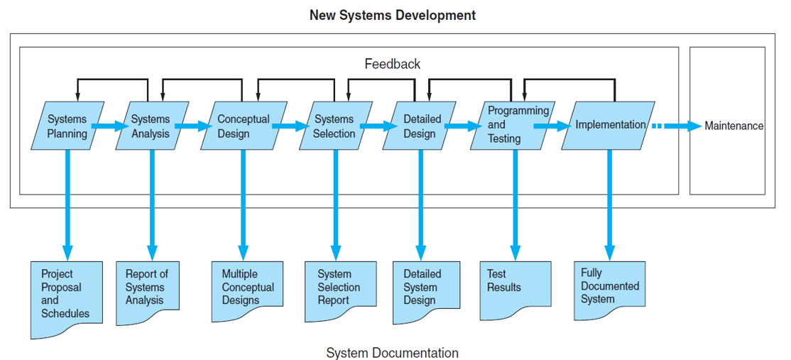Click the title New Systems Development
392,15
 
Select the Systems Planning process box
67,126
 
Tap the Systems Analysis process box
151,126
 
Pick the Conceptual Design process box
243,126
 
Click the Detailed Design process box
420,126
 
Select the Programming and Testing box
512,126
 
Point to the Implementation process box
609,126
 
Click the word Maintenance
733,126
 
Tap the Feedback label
392,64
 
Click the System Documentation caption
392,352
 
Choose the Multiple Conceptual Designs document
247,288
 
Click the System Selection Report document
340,288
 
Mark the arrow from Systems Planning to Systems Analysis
109,126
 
